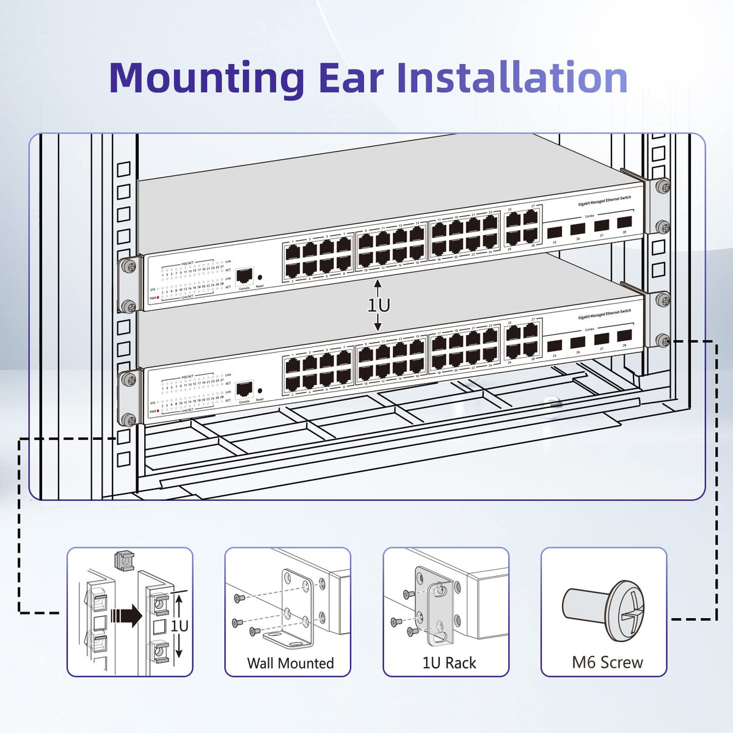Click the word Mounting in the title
click(206, 78)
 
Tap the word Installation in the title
click(512, 78)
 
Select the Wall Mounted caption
click(290, 663)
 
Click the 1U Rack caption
click(449, 663)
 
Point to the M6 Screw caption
click(607, 662)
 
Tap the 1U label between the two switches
click(379, 305)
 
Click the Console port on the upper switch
click(244, 275)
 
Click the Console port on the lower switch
click(244, 388)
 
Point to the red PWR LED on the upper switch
click(159, 298)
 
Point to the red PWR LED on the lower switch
click(159, 411)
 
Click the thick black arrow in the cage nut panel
click(128, 615)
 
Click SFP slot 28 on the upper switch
click(624, 222)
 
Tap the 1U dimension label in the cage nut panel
click(179, 626)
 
